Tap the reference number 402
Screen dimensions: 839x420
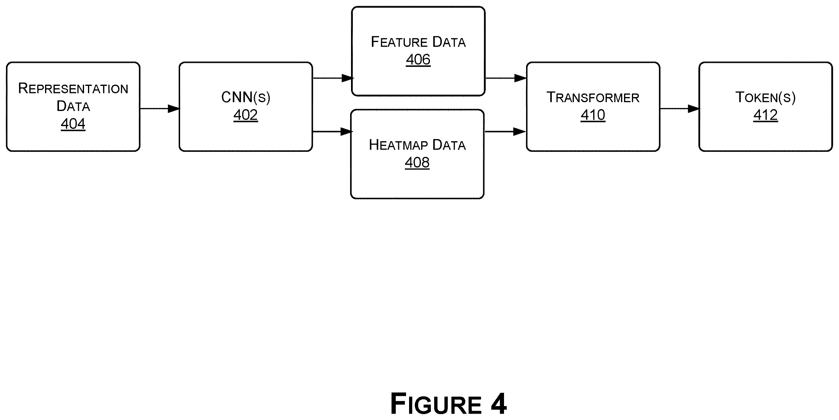(246, 115)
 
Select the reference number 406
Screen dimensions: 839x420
(418, 59)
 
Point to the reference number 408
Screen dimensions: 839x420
(417, 162)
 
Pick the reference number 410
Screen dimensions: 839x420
(593, 115)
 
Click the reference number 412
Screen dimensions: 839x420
(766, 115)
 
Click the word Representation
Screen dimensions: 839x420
(73, 88)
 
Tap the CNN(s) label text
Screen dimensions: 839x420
(246, 97)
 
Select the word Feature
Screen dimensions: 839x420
(399, 42)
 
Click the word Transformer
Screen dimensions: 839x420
(593, 97)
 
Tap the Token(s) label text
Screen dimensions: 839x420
(766, 97)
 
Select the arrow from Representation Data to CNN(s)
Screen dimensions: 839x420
(160, 109)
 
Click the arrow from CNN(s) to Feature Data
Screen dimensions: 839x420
(333, 78)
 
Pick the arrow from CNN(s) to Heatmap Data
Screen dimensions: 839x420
(332, 132)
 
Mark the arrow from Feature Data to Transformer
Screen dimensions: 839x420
(506, 78)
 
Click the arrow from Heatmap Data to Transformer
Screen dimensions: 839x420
(505, 132)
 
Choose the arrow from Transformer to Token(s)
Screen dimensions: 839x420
(679, 109)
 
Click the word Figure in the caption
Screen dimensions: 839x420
(436, 404)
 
